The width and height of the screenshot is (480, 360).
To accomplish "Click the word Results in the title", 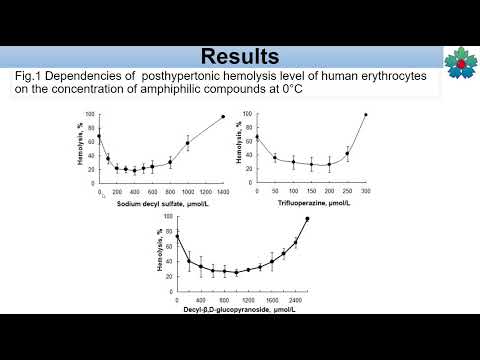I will [240, 55].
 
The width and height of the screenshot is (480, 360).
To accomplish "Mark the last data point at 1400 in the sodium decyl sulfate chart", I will [223, 117].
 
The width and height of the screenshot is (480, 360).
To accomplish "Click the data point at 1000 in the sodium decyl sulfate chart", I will [187, 143].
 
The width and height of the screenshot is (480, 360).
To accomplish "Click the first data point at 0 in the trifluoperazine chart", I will [258, 137].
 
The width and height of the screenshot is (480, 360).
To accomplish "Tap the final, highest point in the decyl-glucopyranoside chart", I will [307, 218].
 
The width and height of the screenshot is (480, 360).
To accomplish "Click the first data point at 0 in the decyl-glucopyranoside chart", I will [177, 236].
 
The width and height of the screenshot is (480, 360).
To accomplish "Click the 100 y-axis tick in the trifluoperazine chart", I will [249, 114].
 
